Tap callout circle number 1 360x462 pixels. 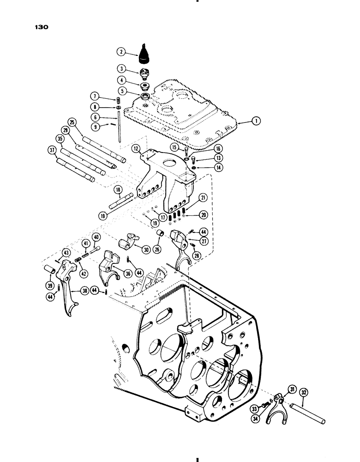pos(257,121)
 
